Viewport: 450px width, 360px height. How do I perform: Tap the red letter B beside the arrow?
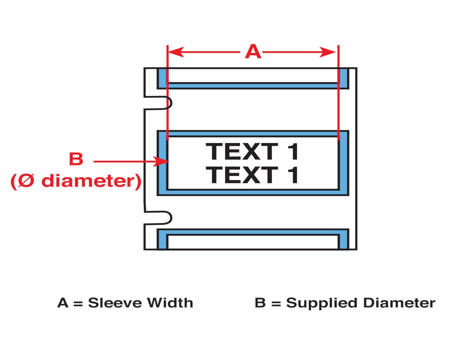pos(76,159)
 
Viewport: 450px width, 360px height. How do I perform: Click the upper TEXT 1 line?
pos(253,151)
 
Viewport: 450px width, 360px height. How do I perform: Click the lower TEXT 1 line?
pos(253,175)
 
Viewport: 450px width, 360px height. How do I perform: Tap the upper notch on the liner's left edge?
pos(166,102)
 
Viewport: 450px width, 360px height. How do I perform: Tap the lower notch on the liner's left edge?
pos(166,217)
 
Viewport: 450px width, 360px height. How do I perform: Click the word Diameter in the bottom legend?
pos(398,303)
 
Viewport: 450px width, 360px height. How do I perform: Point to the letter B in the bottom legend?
pos(260,303)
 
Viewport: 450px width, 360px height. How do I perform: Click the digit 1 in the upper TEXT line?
pos(293,151)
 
